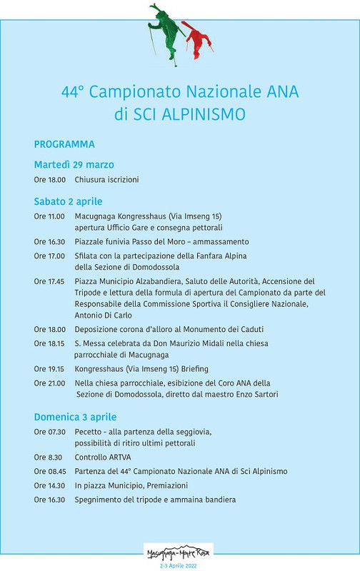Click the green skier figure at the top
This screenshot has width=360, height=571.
pyautogui.click(x=167, y=30)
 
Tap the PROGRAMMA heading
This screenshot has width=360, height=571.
pyautogui.click(x=64, y=144)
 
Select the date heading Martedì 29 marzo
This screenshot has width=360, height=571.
pyautogui.click(x=74, y=165)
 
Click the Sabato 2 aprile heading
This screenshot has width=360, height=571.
pyautogui.click(x=68, y=201)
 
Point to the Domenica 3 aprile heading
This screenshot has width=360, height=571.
pyautogui.click(x=75, y=417)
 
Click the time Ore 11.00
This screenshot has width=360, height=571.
pyautogui.click(x=49, y=216)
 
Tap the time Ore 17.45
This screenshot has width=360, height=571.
pyautogui.click(x=49, y=281)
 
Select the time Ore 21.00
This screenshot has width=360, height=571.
pyautogui.click(x=49, y=383)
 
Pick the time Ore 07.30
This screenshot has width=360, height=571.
pyautogui.click(x=49, y=432)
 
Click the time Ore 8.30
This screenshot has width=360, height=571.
pyautogui.click(x=47, y=457)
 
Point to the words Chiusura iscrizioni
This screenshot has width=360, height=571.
pyautogui.click(x=106, y=180)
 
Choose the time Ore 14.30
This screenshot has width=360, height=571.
pyautogui.click(x=49, y=485)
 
